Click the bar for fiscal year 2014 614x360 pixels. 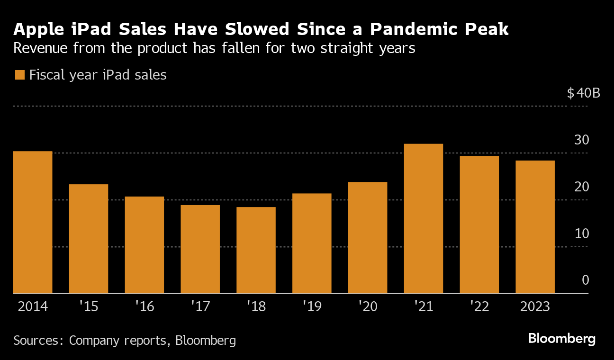click(33, 222)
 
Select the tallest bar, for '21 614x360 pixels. click(424, 218)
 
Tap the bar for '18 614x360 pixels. click(256, 250)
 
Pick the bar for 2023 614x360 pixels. click(535, 227)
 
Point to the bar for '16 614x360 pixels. click(144, 245)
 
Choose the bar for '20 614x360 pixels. click(368, 238)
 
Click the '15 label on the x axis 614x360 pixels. click(89, 307)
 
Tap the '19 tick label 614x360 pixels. click(312, 307)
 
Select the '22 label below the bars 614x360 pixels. click(479, 307)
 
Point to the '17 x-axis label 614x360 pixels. click(200, 307)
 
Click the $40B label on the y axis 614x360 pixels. click(583, 93)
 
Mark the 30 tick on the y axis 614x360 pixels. click(581, 140)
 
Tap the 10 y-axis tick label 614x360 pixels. click(581, 234)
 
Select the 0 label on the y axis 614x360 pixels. click(585, 280)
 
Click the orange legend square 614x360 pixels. click(19, 75)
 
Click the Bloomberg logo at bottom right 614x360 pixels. click(561, 339)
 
